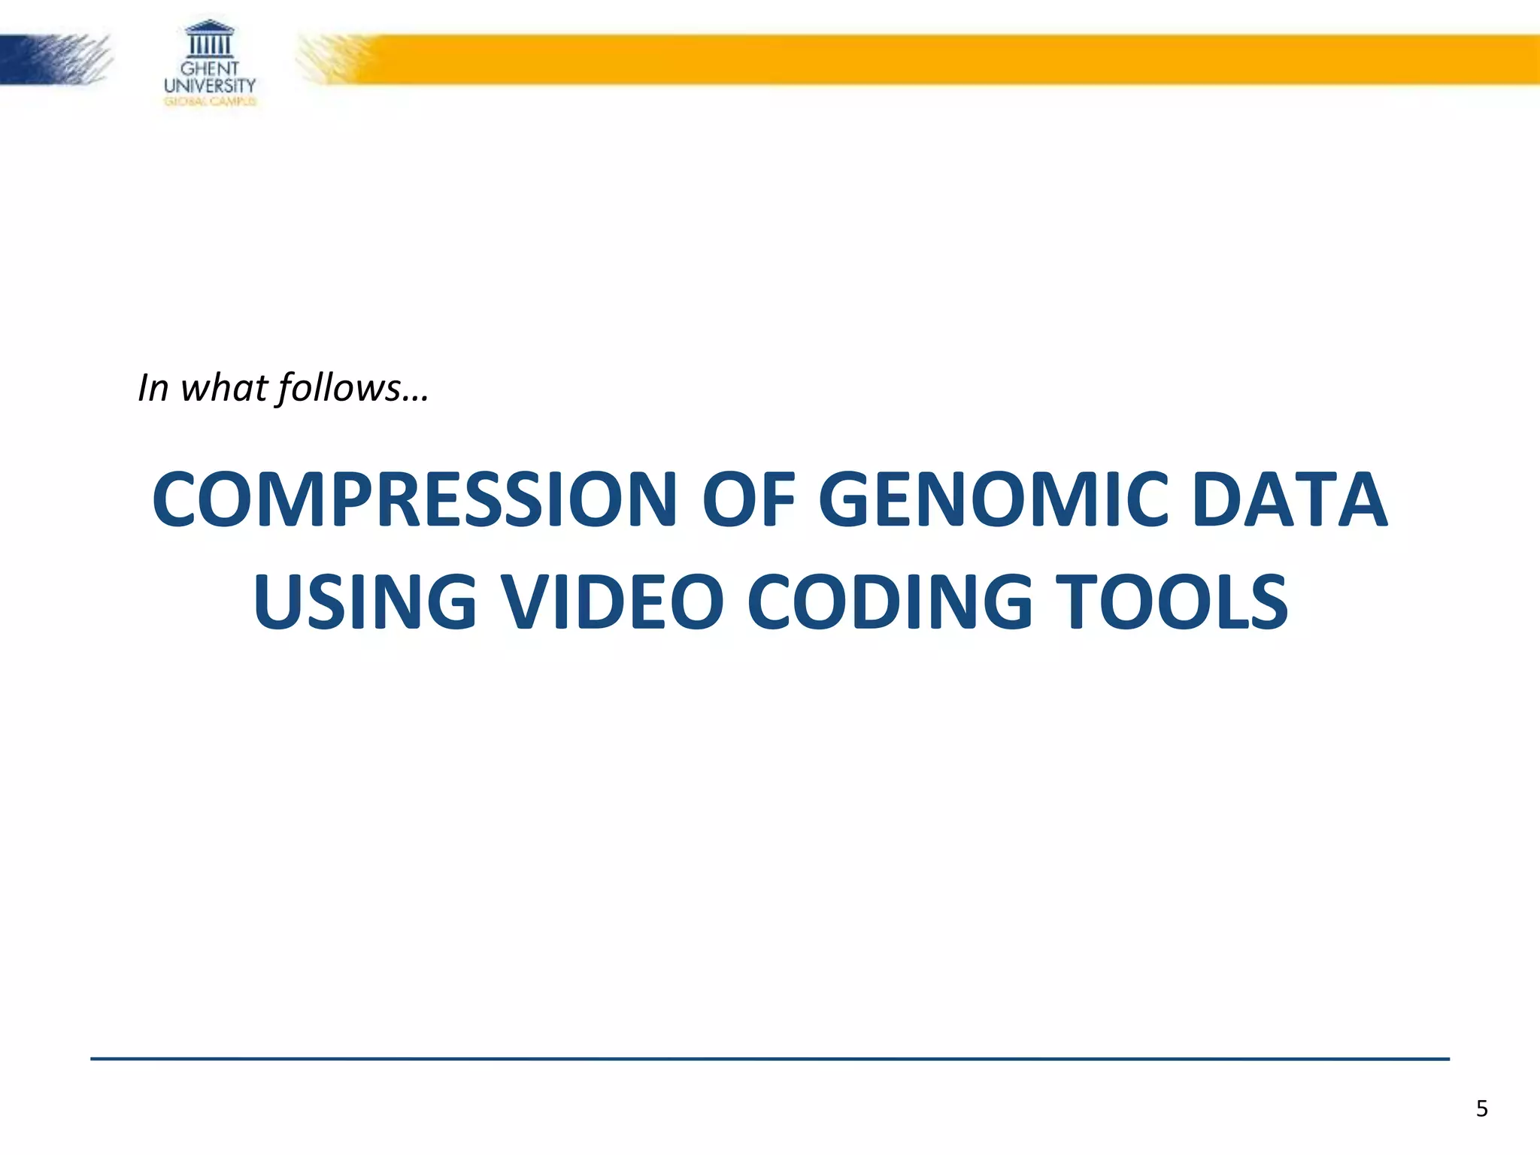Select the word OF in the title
coord(747,499)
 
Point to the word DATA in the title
coord(1289,499)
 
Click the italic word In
coord(153,389)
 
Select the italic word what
coord(224,389)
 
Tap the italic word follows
coord(339,389)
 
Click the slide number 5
coord(1481,1109)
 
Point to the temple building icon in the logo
coord(209,39)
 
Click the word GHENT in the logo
coord(209,69)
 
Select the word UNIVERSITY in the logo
coord(210,86)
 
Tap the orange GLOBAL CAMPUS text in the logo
coord(210,102)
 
